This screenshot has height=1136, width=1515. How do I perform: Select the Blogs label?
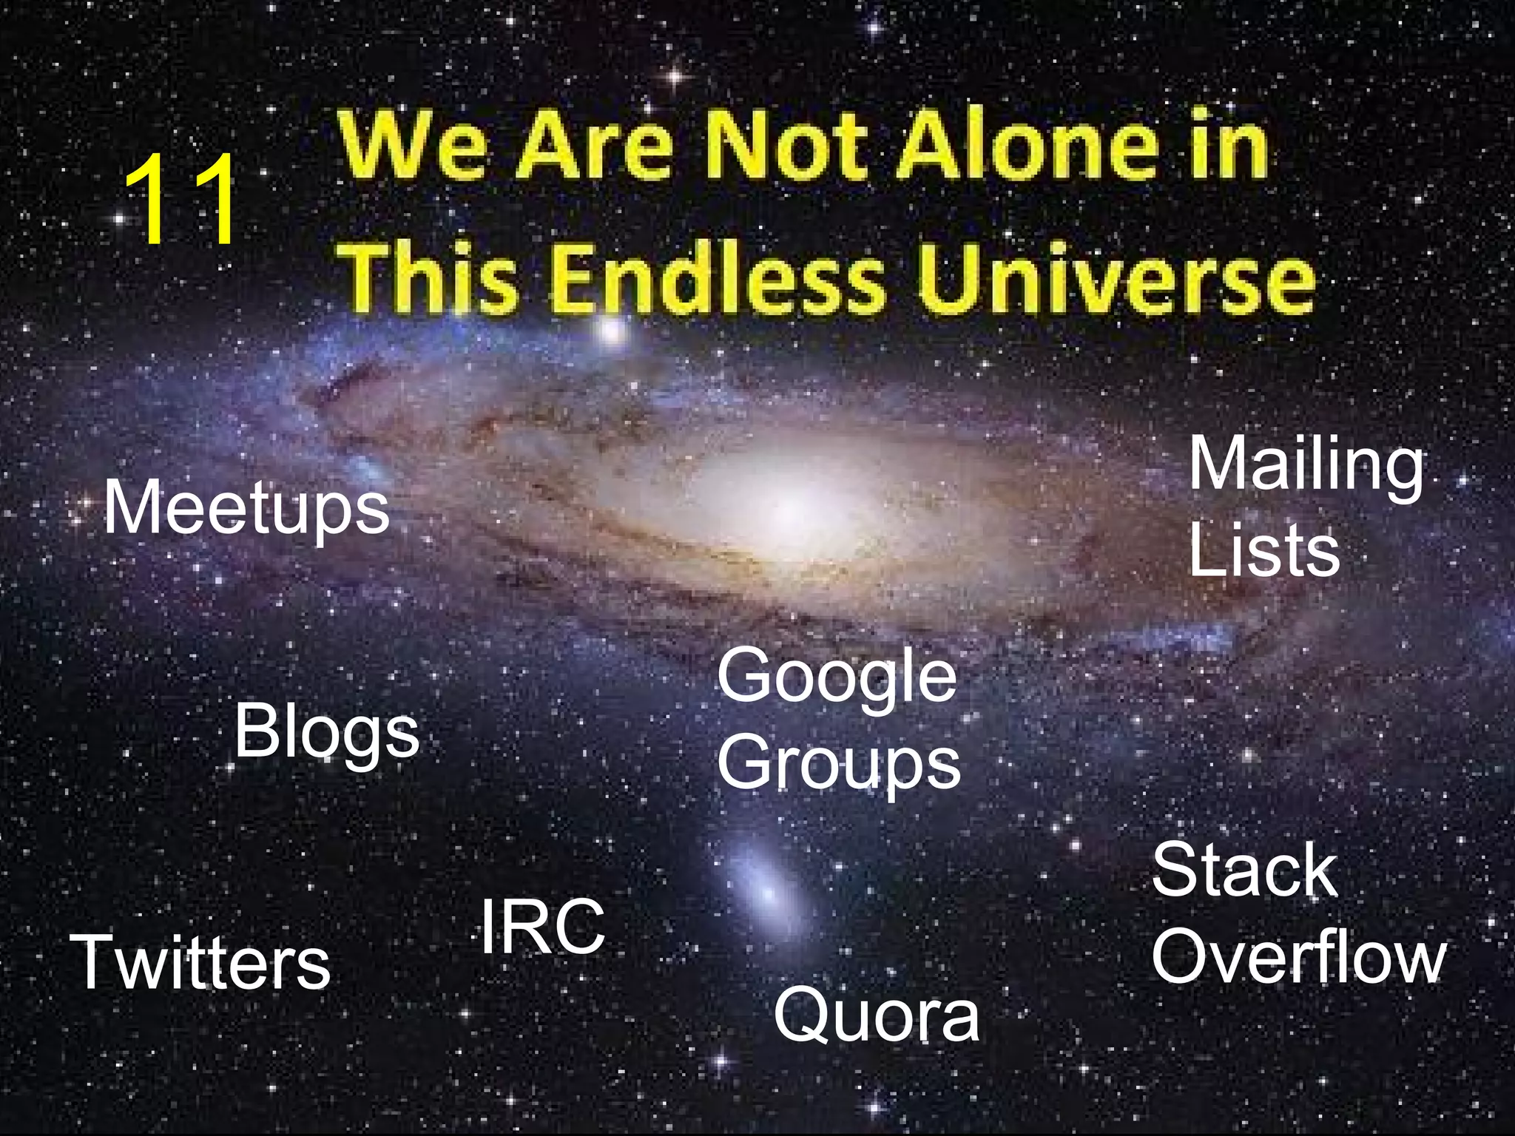pos(326,734)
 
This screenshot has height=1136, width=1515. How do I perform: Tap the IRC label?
pos(542,927)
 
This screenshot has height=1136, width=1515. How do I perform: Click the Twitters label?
pos(200,962)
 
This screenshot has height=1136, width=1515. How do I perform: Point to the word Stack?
pos(1245,870)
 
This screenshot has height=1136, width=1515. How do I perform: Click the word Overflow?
pos(1298,957)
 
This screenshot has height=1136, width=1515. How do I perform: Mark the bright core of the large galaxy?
pos(788,507)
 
